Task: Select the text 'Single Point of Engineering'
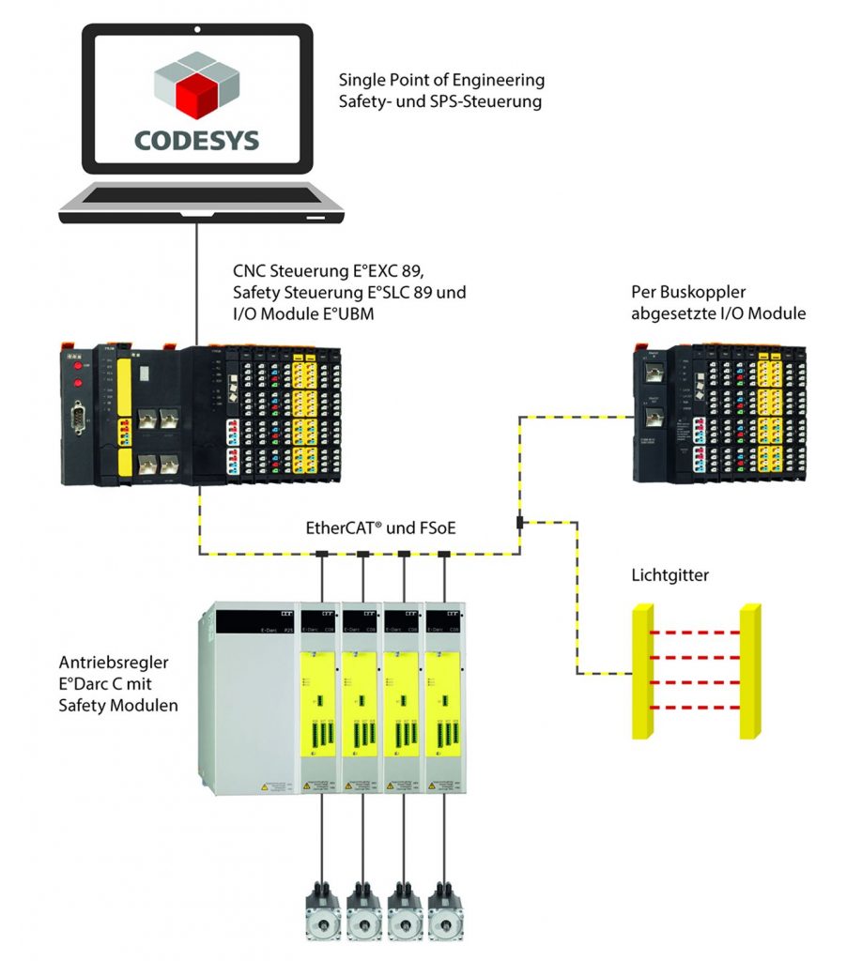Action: tap(441, 81)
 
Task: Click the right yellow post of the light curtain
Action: tap(749, 671)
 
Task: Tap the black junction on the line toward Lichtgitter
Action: tap(518, 521)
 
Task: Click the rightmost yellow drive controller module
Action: tap(445, 694)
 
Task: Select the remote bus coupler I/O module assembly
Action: tap(718, 414)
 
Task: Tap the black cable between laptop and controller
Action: tap(197, 282)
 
